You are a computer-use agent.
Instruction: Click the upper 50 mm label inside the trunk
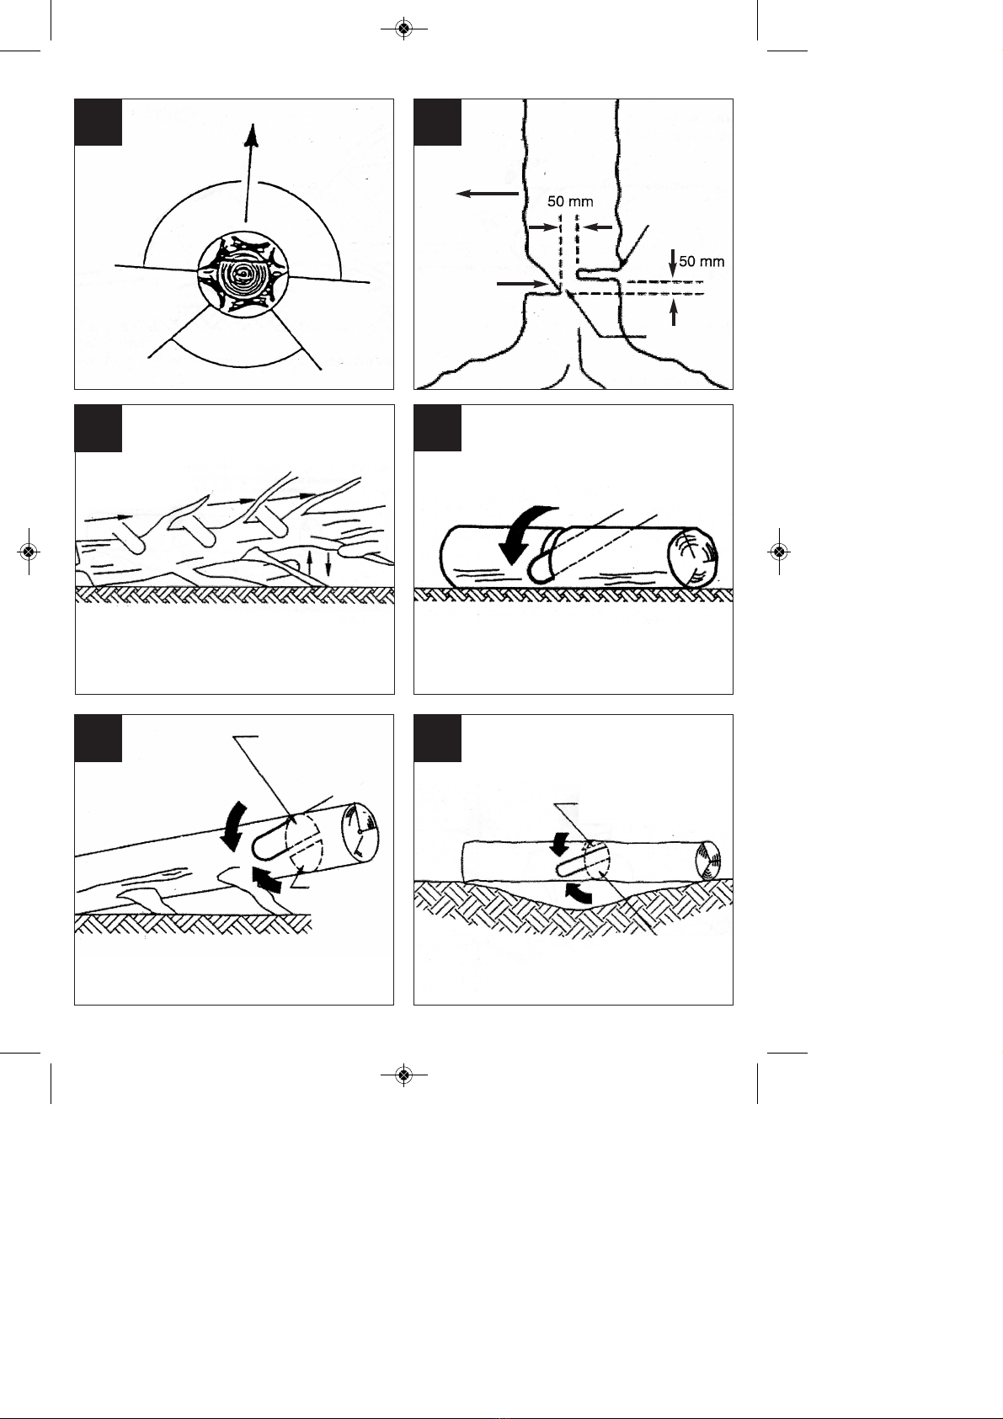[570, 201]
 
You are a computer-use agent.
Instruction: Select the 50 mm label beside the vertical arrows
[702, 261]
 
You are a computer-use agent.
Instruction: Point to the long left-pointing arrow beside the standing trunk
[488, 193]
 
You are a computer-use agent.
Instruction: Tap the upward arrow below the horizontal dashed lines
[674, 313]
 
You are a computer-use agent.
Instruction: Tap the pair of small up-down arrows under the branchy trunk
[318, 566]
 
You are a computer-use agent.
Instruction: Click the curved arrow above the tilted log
[232, 824]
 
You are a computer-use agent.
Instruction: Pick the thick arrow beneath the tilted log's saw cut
[266, 879]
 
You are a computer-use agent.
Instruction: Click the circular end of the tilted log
[360, 835]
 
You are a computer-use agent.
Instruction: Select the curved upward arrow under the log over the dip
[577, 892]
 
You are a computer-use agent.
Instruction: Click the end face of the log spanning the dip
[708, 861]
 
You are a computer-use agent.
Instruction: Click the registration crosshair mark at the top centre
[403, 29]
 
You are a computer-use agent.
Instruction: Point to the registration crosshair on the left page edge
[28, 552]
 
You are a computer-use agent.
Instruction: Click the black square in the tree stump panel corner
[99, 122]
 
